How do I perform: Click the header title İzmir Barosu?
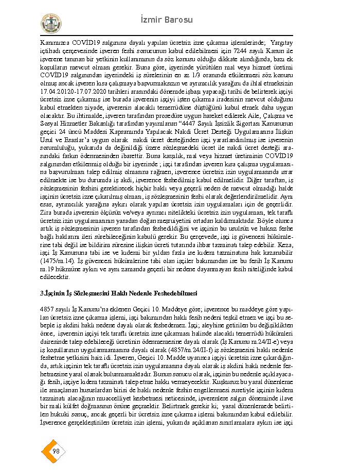pos(166,20)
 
